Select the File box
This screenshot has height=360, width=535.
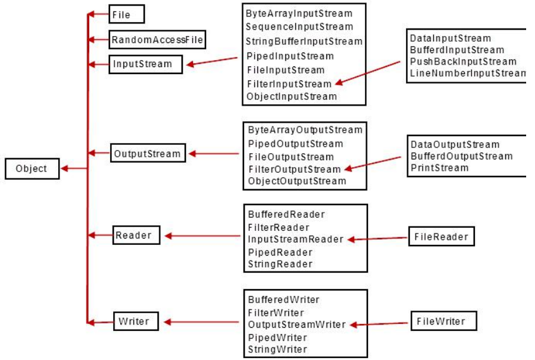(x=126, y=14)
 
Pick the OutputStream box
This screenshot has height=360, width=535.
(x=147, y=153)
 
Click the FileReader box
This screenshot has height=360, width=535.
(x=441, y=237)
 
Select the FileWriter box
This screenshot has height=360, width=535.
(x=441, y=321)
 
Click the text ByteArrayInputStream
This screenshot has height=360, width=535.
(x=299, y=13)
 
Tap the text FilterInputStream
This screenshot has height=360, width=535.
(x=289, y=84)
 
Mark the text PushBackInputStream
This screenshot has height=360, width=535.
(x=463, y=61)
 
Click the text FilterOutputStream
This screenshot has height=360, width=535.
(x=294, y=169)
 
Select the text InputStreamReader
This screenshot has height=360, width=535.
(x=295, y=239)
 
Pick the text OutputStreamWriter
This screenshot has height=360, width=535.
(x=297, y=325)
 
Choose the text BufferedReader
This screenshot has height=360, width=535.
(x=286, y=215)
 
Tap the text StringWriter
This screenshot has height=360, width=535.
(x=278, y=349)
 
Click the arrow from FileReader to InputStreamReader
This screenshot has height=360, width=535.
(x=378, y=239)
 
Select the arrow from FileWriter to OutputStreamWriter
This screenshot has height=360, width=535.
(x=381, y=324)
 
